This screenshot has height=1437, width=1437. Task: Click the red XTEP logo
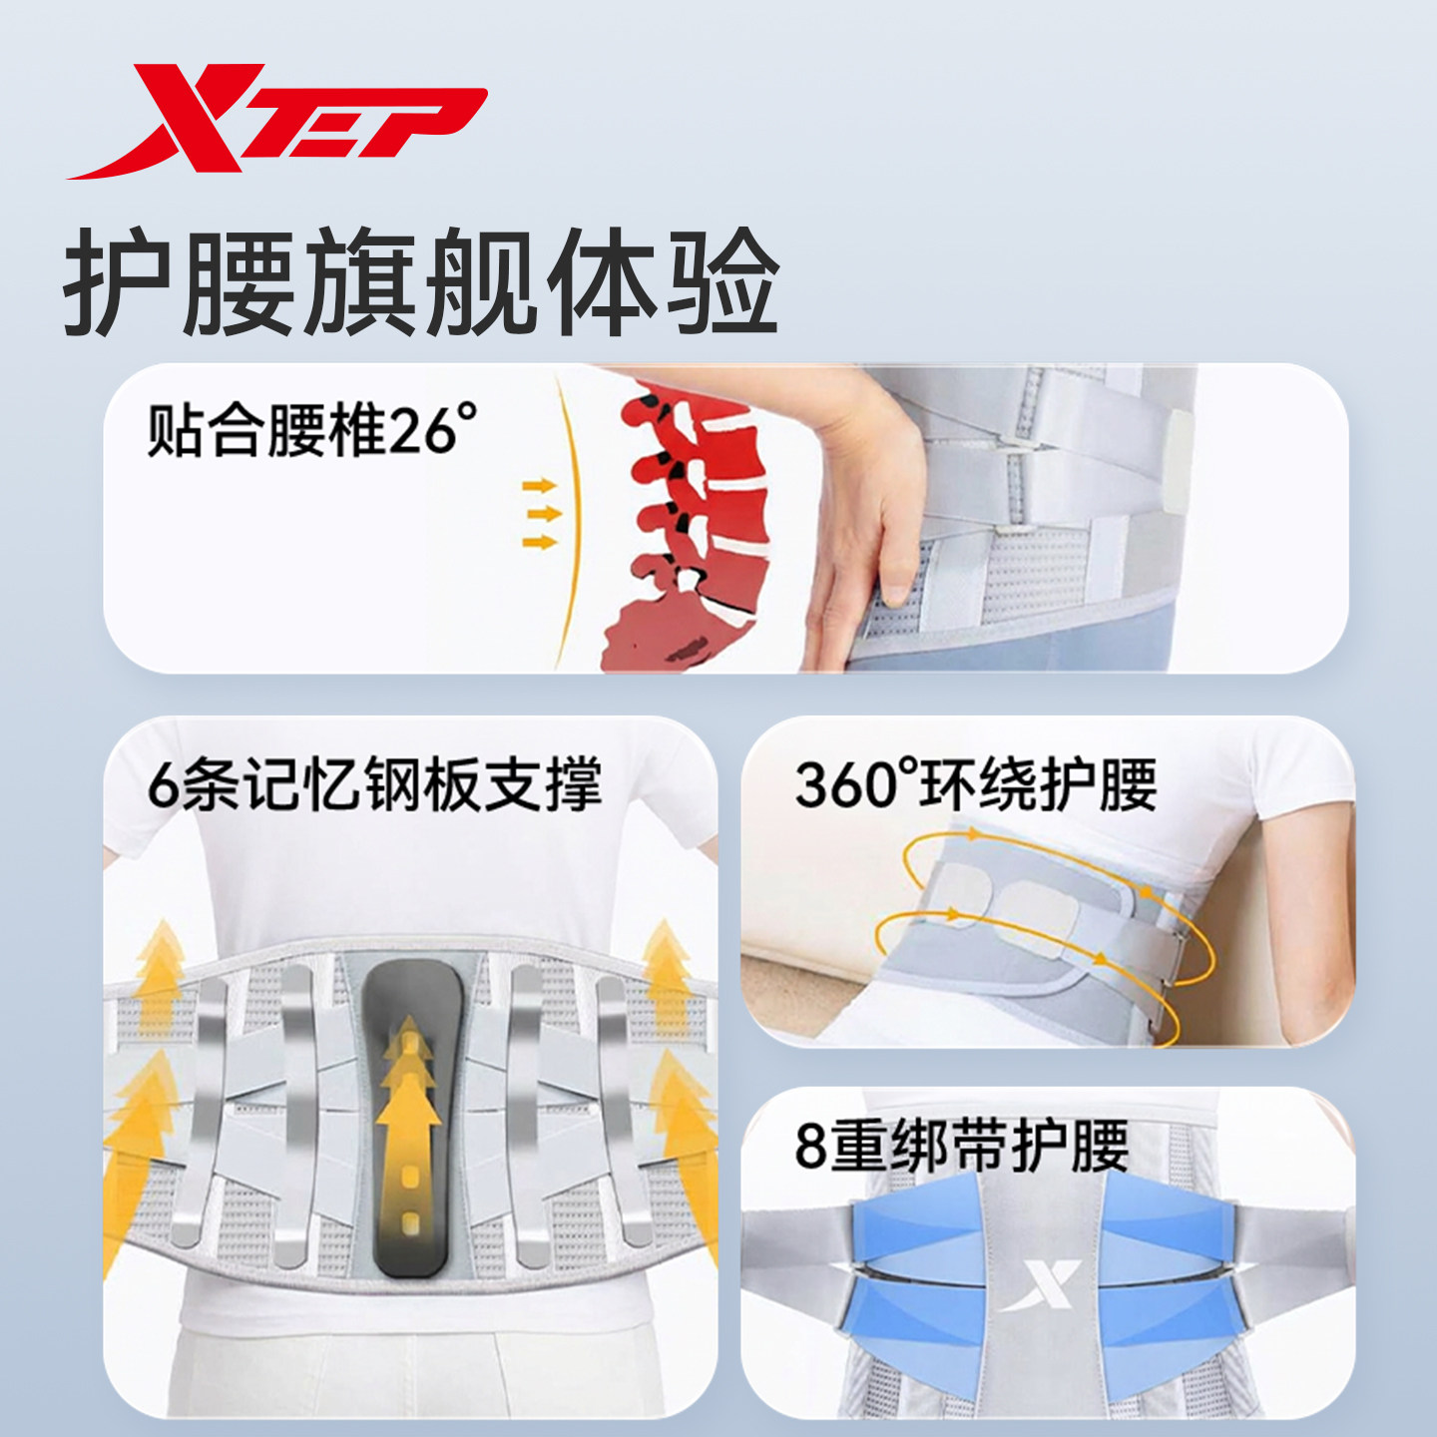pyautogui.click(x=276, y=122)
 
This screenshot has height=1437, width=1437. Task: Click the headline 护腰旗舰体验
pyautogui.click(x=420, y=282)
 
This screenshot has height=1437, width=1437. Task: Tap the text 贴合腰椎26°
pyautogui.click(x=311, y=430)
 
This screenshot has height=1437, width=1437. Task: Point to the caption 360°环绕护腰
pyautogui.click(x=975, y=784)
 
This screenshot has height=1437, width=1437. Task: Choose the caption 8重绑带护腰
pyautogui.click(x=961, y=1146)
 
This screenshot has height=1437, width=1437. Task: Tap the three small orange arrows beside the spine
pyautogui.click(x=540, y=513)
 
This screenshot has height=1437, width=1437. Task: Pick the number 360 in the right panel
pyautogui.click(x=844, y=785)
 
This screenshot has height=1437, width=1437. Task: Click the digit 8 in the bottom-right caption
pyautogui.click(x=811, y=1147)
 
